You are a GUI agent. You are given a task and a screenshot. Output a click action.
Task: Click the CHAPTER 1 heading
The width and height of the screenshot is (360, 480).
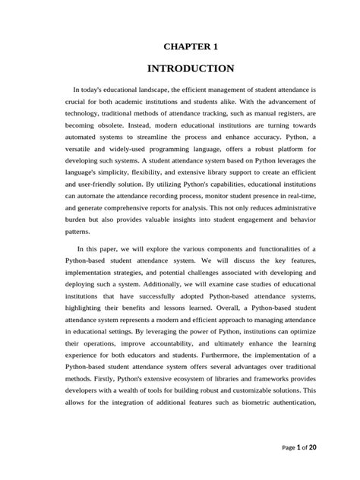179,46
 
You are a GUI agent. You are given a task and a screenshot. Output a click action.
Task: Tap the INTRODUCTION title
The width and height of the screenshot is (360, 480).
179,68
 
